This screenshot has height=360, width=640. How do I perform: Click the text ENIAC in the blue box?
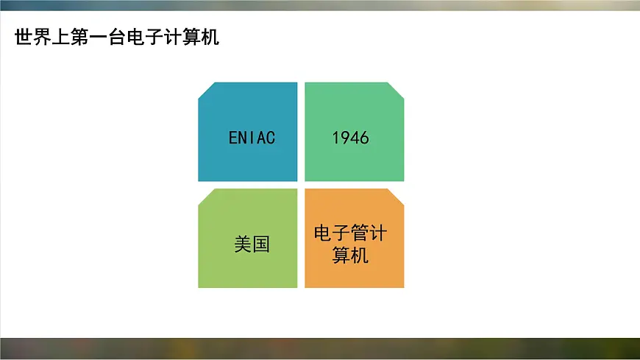click(x=252, y=138)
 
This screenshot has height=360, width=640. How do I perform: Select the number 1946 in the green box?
click(x=350, y=138)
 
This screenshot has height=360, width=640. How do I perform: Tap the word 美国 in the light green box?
click(x=252, y=244)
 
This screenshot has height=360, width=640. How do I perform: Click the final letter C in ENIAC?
click(x=270, y=138)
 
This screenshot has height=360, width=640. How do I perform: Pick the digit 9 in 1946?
click(x=346, y=138)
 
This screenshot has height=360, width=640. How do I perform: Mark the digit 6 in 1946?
click(x=364, y=138)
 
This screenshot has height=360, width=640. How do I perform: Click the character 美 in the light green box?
click(x=243, y=244)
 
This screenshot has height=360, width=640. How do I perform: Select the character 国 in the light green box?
click(x=261, y=244)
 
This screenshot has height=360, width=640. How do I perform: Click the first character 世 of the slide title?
click(x=24, y=37)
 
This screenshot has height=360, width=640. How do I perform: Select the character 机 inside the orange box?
click(x=360, y=255)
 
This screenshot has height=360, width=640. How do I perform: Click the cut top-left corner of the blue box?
click(x=206, y=90)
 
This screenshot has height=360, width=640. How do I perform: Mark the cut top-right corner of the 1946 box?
click(x=397, y=90)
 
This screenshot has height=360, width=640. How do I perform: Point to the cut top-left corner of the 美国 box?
click(x=206, y=197)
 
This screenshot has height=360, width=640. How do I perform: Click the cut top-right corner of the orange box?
click(x=397, y=197)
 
